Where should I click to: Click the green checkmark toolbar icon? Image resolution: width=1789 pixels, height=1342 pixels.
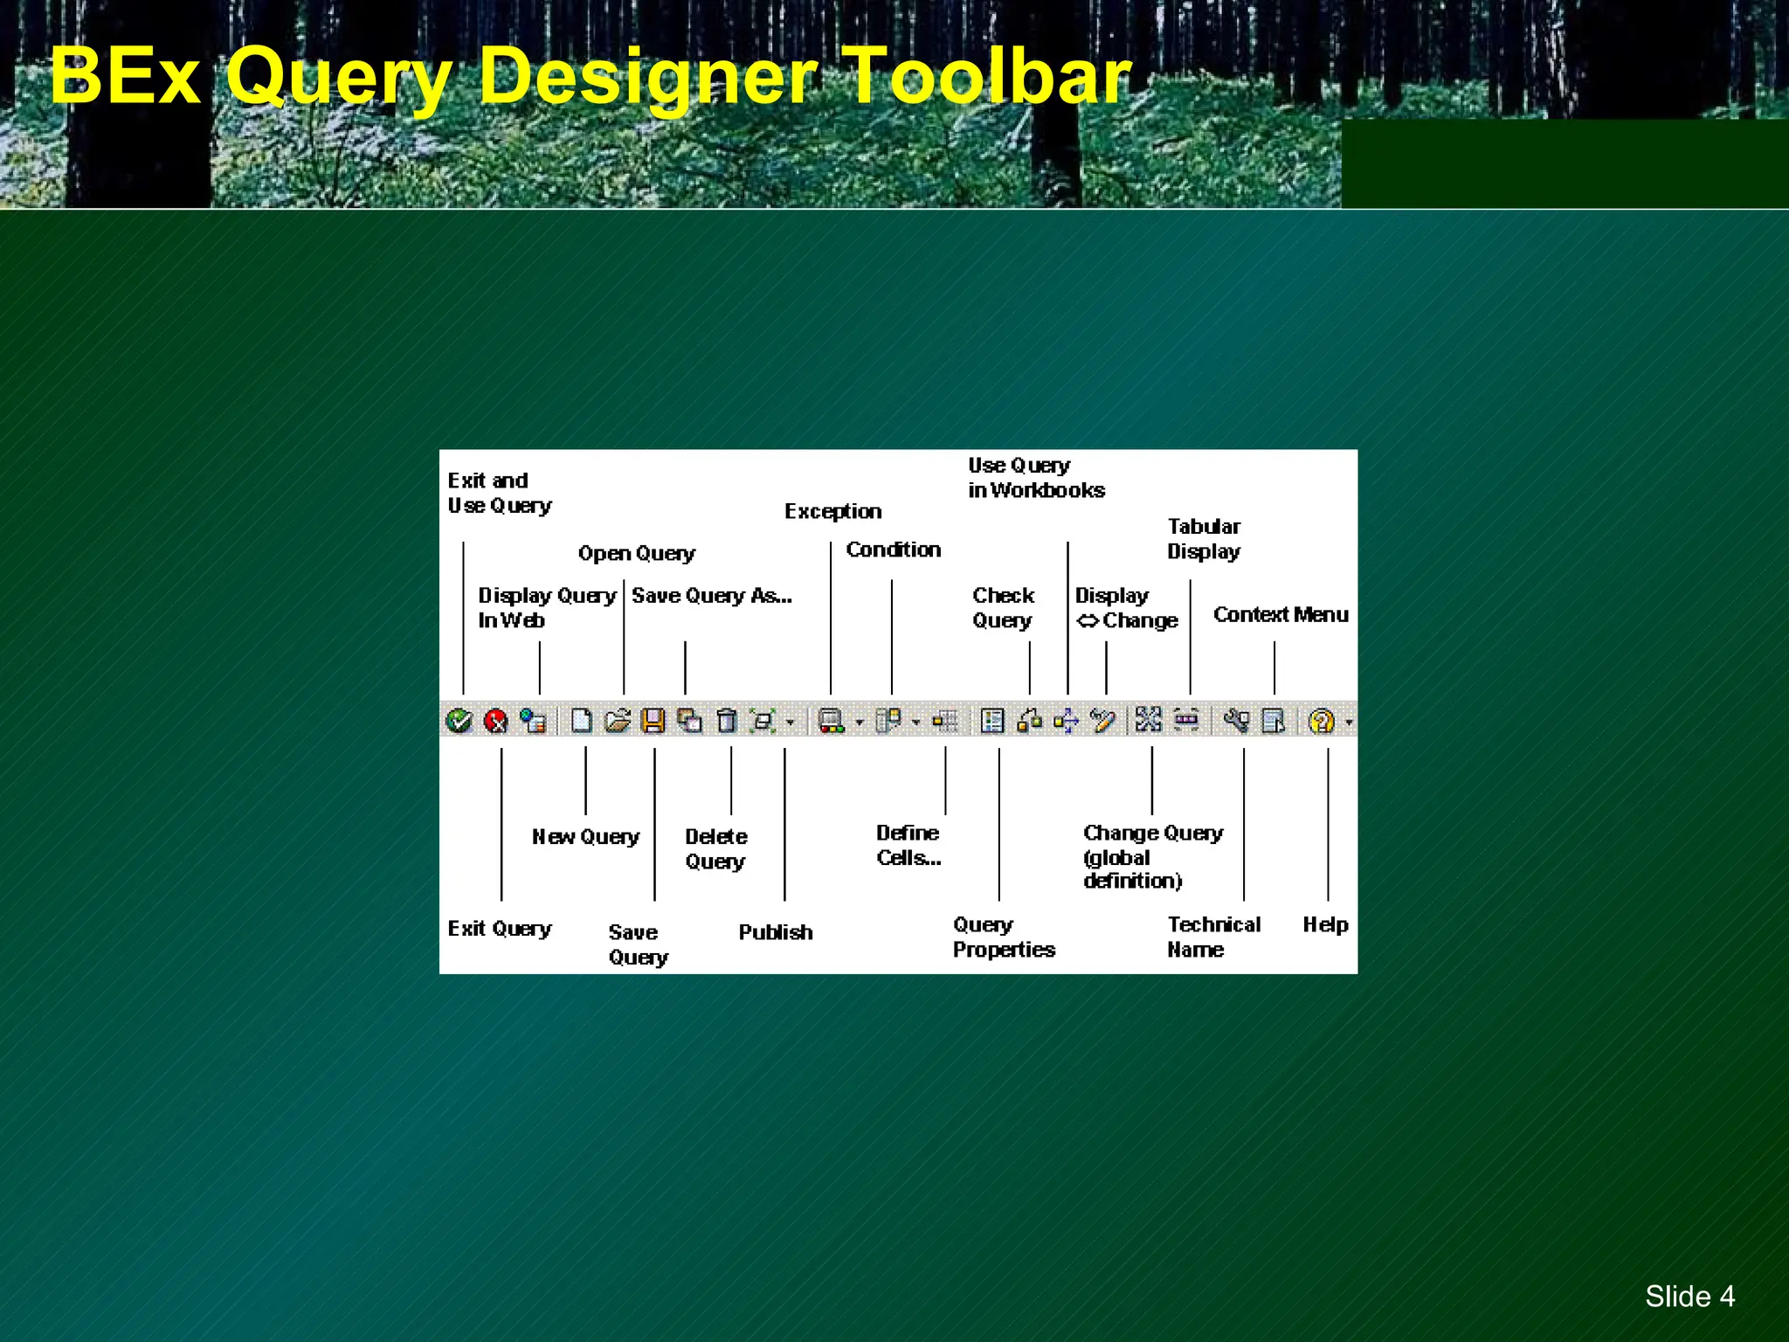point(459,721)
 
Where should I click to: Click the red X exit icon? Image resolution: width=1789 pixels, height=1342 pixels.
point(496,721)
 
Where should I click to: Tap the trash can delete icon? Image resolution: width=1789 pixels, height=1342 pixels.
point(726,721)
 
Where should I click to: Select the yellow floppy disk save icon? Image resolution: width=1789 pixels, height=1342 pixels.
point(653,721)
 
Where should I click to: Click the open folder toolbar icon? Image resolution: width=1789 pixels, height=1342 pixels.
point(617,721)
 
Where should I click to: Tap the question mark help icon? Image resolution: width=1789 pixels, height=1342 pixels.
point(1322,721)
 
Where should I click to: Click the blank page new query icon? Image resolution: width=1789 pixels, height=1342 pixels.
point(581,721)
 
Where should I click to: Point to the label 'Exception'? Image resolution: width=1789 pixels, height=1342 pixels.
point(832,511)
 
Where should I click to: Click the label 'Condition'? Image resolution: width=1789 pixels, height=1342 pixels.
point(893,550)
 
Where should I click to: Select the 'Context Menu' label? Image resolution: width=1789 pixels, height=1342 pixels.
point(1280,615)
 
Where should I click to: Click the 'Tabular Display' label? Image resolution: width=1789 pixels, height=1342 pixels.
point(1204,539)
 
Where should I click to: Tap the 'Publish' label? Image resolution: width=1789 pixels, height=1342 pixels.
point(775,932)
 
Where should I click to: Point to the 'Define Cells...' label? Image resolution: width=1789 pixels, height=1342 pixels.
point(908,845)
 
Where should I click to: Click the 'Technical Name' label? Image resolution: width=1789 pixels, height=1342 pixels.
point(1213,937)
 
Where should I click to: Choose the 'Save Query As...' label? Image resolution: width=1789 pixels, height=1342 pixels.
point(711,596)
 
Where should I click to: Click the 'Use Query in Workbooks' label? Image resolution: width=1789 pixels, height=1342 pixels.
point(1036,478)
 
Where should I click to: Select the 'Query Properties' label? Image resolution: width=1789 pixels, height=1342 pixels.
point(1004,937)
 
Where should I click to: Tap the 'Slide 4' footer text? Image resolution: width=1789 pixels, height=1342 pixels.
point(1689,1296)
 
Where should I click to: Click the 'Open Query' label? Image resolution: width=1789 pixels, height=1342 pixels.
point(636,554)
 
